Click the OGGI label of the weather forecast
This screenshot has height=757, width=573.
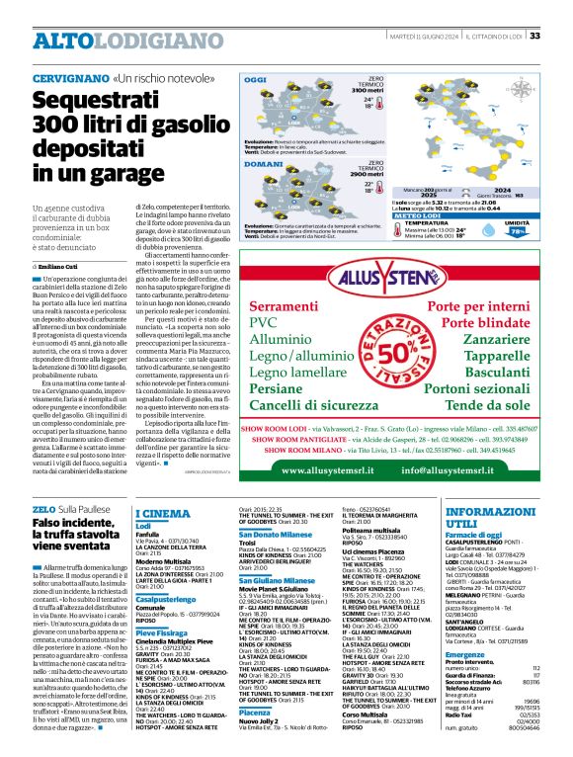click(256, 79)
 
